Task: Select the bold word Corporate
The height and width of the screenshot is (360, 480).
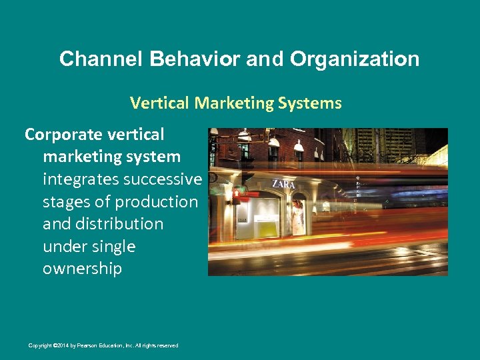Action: (65, 135)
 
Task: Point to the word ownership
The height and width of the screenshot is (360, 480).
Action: (82, 269)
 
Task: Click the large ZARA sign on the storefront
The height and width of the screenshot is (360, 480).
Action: (283, 183)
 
